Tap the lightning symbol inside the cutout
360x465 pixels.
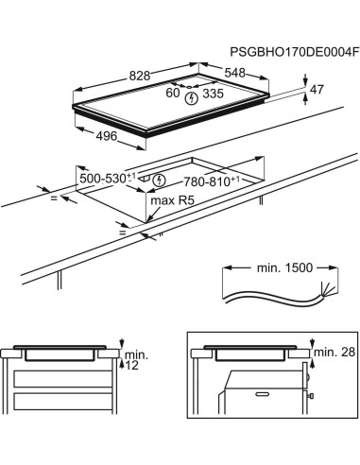click(x=159, y=179)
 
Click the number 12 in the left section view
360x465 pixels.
click(x=130, y=366)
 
